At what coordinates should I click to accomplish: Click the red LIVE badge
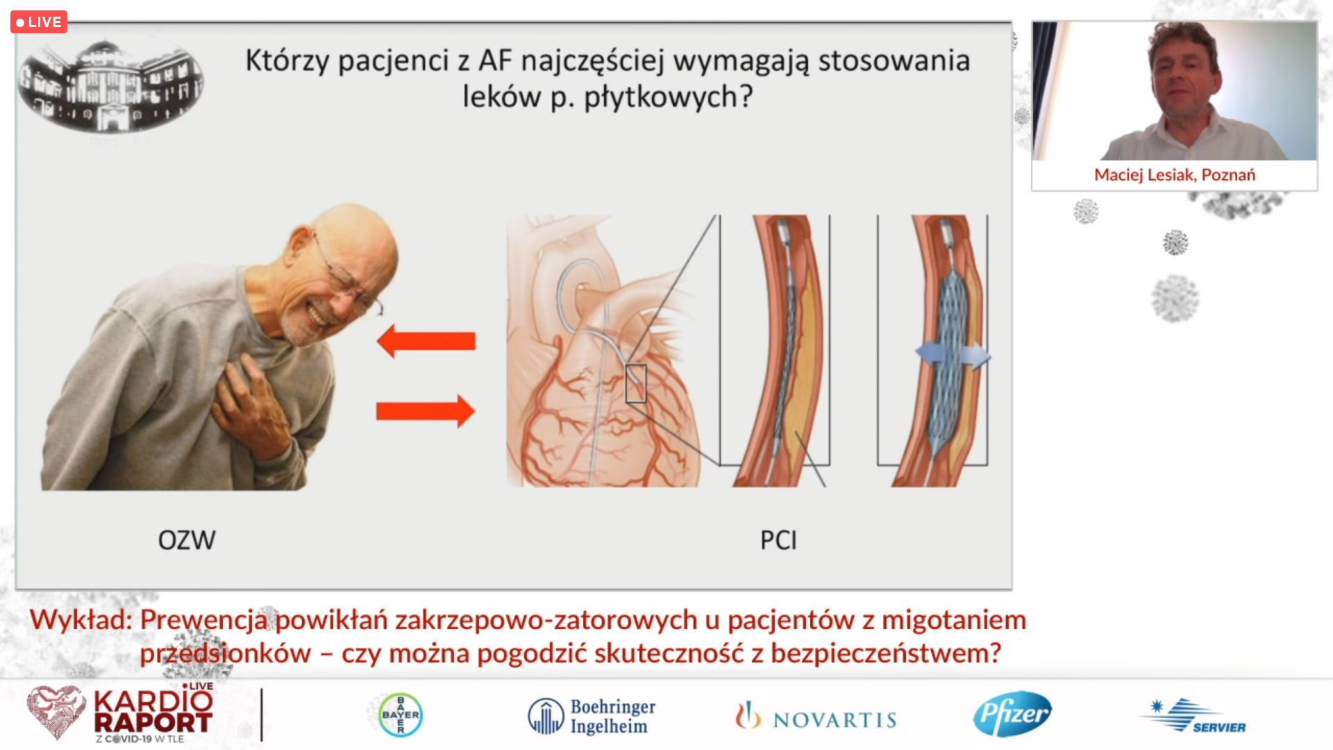point(39,22)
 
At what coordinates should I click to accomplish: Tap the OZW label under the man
point(187,540)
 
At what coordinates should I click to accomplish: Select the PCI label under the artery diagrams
point(778,540)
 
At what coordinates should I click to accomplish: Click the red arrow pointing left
point(426,341)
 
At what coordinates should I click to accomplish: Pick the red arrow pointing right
point(426,411)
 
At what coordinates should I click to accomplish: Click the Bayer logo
point(401,715)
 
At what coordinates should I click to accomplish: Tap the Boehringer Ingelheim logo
point(592,717)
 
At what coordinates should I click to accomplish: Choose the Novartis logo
point(816,717)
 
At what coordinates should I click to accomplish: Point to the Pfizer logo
point(1012,714)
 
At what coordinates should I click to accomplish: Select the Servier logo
point(1193,717)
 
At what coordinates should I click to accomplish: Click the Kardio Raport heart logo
point(56,712)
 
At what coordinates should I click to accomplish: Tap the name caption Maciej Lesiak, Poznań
point(1175,175)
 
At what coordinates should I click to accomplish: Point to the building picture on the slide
point(110,85)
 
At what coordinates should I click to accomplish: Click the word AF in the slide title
point(495,61)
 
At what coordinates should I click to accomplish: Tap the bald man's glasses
point(347,278)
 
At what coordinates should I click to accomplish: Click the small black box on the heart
point(636,383)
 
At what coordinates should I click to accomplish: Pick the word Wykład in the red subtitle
point(81,620)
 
